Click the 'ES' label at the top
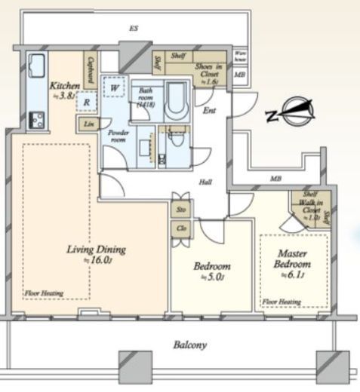point(134,29)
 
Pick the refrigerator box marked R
point(88,102)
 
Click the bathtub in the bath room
point(176,100)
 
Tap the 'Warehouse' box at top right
point(239,57)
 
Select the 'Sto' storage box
point(182,208)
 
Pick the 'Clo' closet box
point(182,226)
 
